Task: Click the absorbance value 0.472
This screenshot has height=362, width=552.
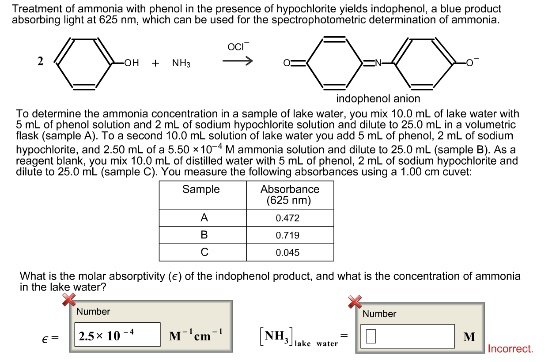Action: point(287,218)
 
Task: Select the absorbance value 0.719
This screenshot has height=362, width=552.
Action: point(287,235)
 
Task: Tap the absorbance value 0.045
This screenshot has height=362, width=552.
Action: point(287,253)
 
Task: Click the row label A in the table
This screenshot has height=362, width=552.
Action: point(204,218)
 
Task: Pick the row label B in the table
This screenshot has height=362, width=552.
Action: point(204,235)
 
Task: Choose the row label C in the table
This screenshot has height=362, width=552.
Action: point(204,253)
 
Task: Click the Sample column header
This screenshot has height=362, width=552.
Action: point(201,189)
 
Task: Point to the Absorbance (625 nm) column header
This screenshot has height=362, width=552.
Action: point(290,195)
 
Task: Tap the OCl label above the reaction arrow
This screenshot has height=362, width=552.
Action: point(238,47)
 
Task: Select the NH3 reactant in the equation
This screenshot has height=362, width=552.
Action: point(181,63)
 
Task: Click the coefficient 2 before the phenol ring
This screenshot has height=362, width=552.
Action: point(40,61)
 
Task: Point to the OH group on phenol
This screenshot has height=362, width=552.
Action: point(132,63)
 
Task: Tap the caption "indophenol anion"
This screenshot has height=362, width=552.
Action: point(378,98)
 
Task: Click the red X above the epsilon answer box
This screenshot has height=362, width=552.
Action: point(68,300)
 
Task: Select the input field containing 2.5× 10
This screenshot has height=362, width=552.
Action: point(117,335)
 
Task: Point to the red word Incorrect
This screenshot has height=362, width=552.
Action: point(510,349)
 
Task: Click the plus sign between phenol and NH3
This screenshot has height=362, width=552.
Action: point(155,63)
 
